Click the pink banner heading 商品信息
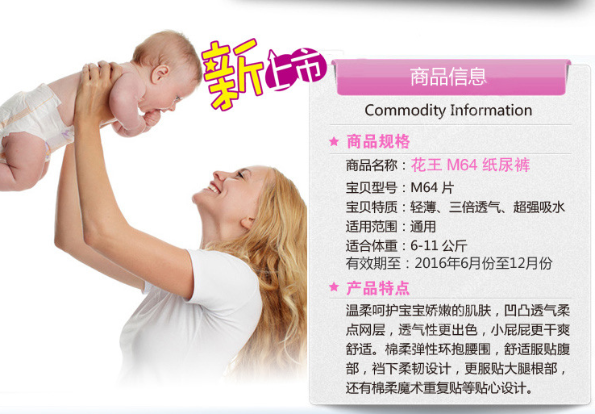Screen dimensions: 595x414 pyautogui.click(x=447, y=77)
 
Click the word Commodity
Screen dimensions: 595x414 pyautogui.click(x=406, y=111)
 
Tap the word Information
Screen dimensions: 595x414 pyautogui.click(x=491, y=110)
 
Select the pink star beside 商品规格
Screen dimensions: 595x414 pyautogui.click(x=334, y=141)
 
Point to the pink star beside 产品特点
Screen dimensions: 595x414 pyautogui.click(x=334, y=286)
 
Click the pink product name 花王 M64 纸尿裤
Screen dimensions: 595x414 pyautogui.click(x=471, y=165)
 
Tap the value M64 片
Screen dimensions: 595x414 pyautogui.click(x=432, y=187)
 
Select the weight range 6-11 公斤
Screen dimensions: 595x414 pyautogui.click(x=439, y=246)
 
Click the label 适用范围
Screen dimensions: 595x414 pyautogui.click(x=372, y=227)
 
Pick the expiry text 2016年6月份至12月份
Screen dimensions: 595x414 pyautogui.click(x=484, y=263)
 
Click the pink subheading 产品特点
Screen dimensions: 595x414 pyautogui.click(x=378, y=288)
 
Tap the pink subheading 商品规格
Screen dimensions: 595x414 pyautogui.click(x=378, y=141)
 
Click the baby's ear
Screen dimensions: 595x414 pyautogui.click(x=160, y=73)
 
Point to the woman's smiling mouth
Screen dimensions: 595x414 pyautogui.click(x=214, y=187)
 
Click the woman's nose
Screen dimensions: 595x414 pyautogui.click(x=220, y=175)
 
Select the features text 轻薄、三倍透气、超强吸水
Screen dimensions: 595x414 pyautogui.click(x=488, y=207)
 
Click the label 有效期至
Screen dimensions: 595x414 pyautogui.click(x=373, y=263)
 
